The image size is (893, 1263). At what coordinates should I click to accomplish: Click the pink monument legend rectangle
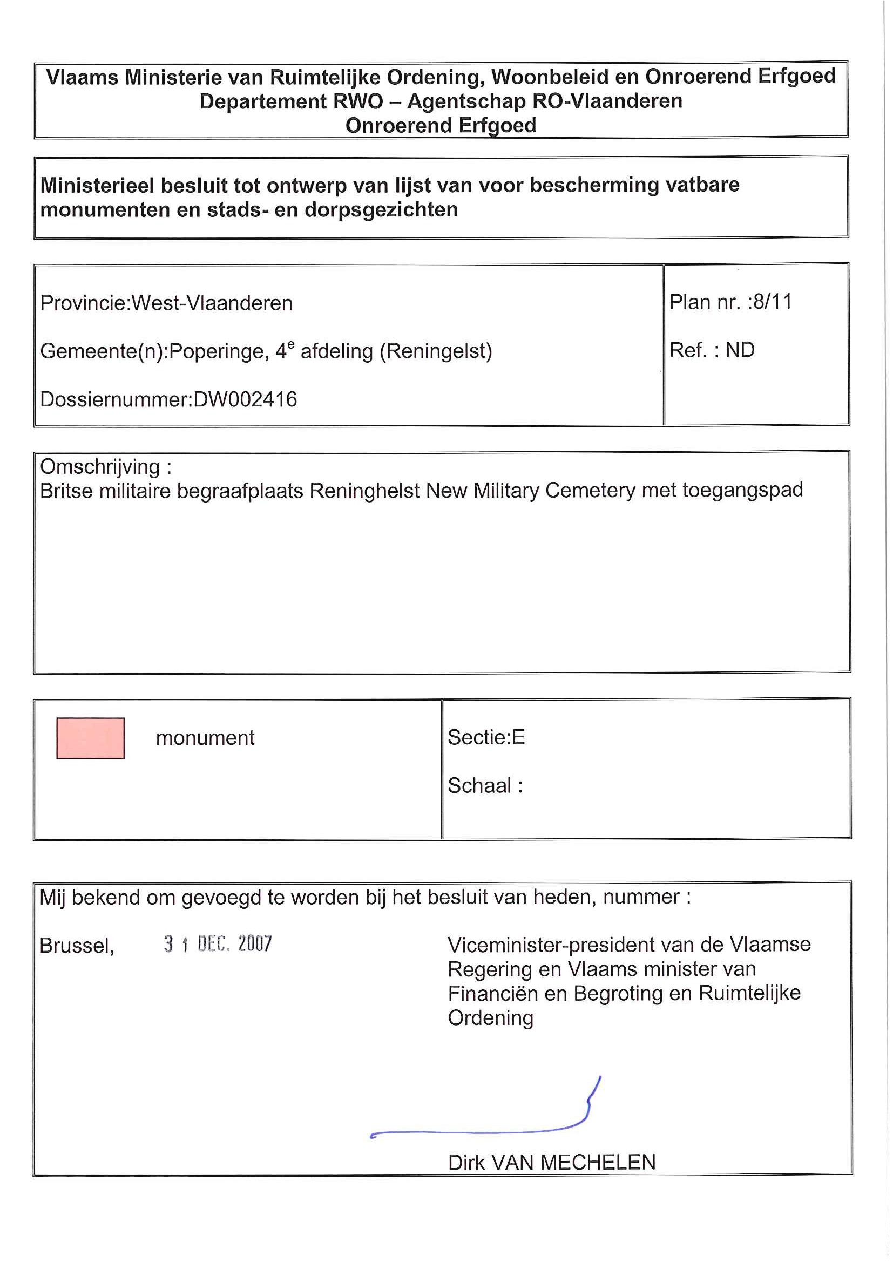click(x=90, y=738)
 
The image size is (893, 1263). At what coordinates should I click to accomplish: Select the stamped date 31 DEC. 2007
click(x=218, y=944)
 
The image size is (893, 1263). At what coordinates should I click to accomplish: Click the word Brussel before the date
click(x=77, y=946)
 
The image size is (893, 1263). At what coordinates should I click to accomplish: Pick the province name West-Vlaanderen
click(x=212, y=303)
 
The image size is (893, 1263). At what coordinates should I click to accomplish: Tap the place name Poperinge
click(x=219, y=351)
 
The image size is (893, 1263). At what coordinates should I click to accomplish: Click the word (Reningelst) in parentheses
click(x=436, y=351)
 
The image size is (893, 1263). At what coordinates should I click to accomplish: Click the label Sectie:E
click(x=486, y=737)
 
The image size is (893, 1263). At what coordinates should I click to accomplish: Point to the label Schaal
click(x=480, y=785)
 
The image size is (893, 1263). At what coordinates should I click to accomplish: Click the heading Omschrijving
click(x=100, y=466)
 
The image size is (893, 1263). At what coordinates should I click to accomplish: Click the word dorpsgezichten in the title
click(x=381, y=209)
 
